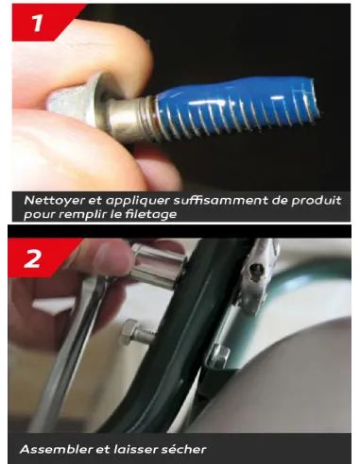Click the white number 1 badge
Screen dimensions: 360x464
(38, 23)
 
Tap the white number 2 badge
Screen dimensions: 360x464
(32, 258)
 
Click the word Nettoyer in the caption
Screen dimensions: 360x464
(54, 201)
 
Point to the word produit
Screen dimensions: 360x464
(317, 201)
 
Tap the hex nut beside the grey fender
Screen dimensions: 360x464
(218, 356)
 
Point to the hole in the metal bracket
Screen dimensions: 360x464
(255, 270)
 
